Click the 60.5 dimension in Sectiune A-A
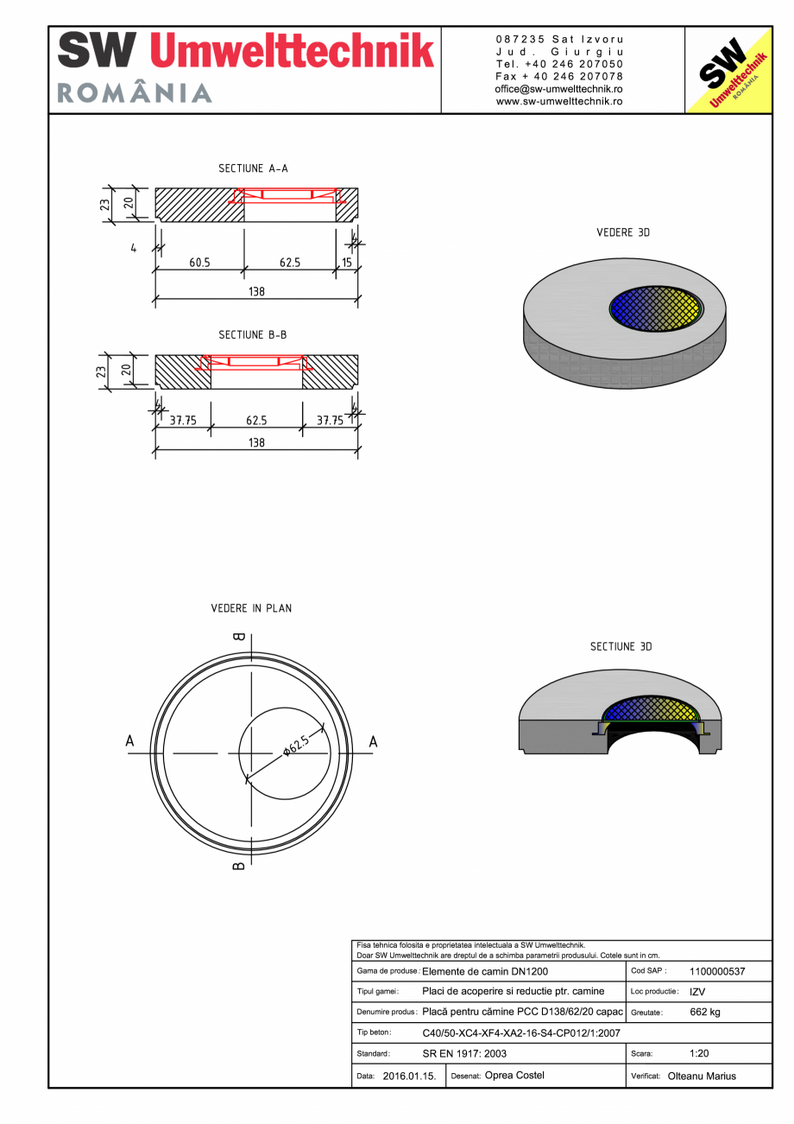[199, 263]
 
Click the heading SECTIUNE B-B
[253, 334]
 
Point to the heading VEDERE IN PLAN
[251, 608]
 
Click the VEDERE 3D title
[622, 233]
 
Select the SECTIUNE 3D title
[622, 646]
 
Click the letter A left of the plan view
[130, 741]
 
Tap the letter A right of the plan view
[374, 741]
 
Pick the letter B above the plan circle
[239, 638]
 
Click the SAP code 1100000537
[717, 971]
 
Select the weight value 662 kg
[705, 1012]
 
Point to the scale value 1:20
[700, 1053]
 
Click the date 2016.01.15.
[409, 1076]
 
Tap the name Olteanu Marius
[702, 1076]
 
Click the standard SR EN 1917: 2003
[464, 1053]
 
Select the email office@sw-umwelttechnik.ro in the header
[559, 89]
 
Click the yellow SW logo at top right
[728, 70]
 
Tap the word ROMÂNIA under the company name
[135, 93]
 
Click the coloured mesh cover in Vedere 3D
[656, 308]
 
